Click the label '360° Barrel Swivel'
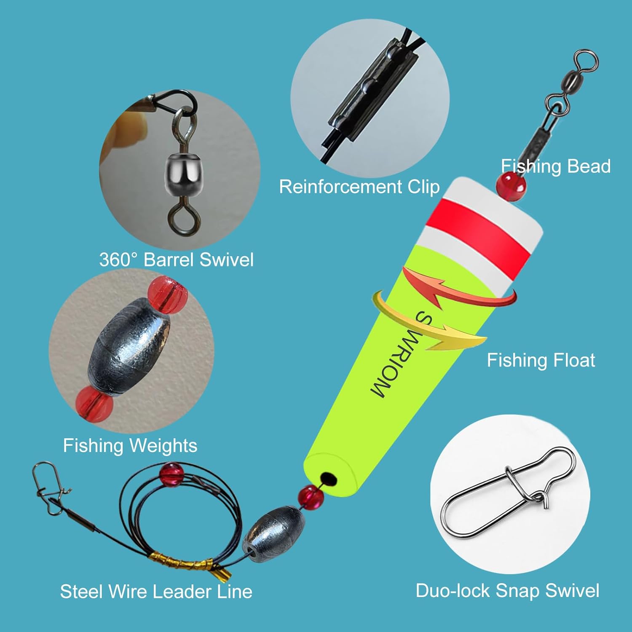(177, 260)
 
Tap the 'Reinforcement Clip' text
(359, 187)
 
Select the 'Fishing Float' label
(541, 360)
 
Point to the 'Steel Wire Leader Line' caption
(156, 592)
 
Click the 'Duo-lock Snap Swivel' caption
(507, 591)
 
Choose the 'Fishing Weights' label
(130, 445)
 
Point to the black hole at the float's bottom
(328, 479)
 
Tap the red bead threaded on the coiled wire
(170, 474)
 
